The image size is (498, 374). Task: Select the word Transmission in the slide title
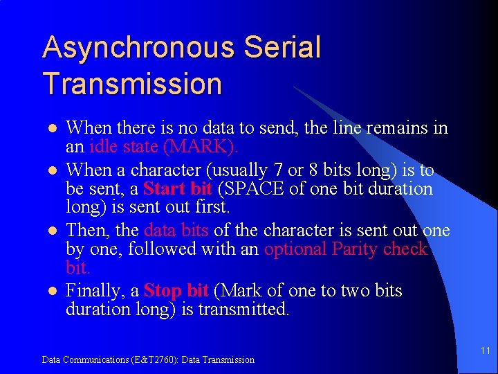[x=132, y=84]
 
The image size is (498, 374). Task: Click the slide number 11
[x=485, y=352]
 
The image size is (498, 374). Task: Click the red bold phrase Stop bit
[x=176, y=291]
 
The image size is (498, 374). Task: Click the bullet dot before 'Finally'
[x=50, y=292]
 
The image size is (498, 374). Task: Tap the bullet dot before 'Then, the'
[x=50, y=231]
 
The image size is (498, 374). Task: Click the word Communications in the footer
[x=89, y=359]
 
